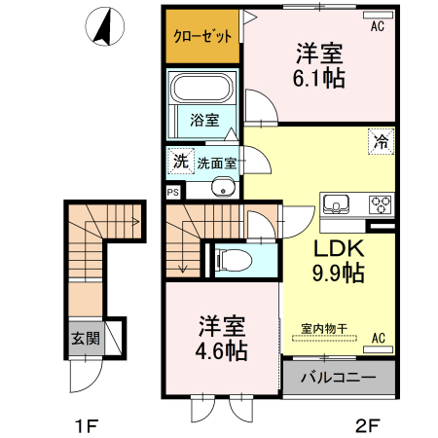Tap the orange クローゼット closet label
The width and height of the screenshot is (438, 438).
click(202, 37)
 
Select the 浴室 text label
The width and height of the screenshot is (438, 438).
click(203, 121)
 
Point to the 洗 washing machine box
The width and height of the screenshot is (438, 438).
click(180, 162)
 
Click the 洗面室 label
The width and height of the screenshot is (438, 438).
click(216, 163)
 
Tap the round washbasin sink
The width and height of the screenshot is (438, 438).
click(223, 189)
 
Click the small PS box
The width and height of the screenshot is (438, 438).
click(173, 192)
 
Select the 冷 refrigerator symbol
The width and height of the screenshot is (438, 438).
click(382, 141)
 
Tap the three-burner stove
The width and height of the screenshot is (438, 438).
click(379, 204)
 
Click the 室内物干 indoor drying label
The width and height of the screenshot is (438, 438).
click(317, 330)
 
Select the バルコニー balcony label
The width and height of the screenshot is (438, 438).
click(338, 377)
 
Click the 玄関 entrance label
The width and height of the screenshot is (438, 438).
click(85, 339)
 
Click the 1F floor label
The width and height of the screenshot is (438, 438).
click(87, 424)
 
